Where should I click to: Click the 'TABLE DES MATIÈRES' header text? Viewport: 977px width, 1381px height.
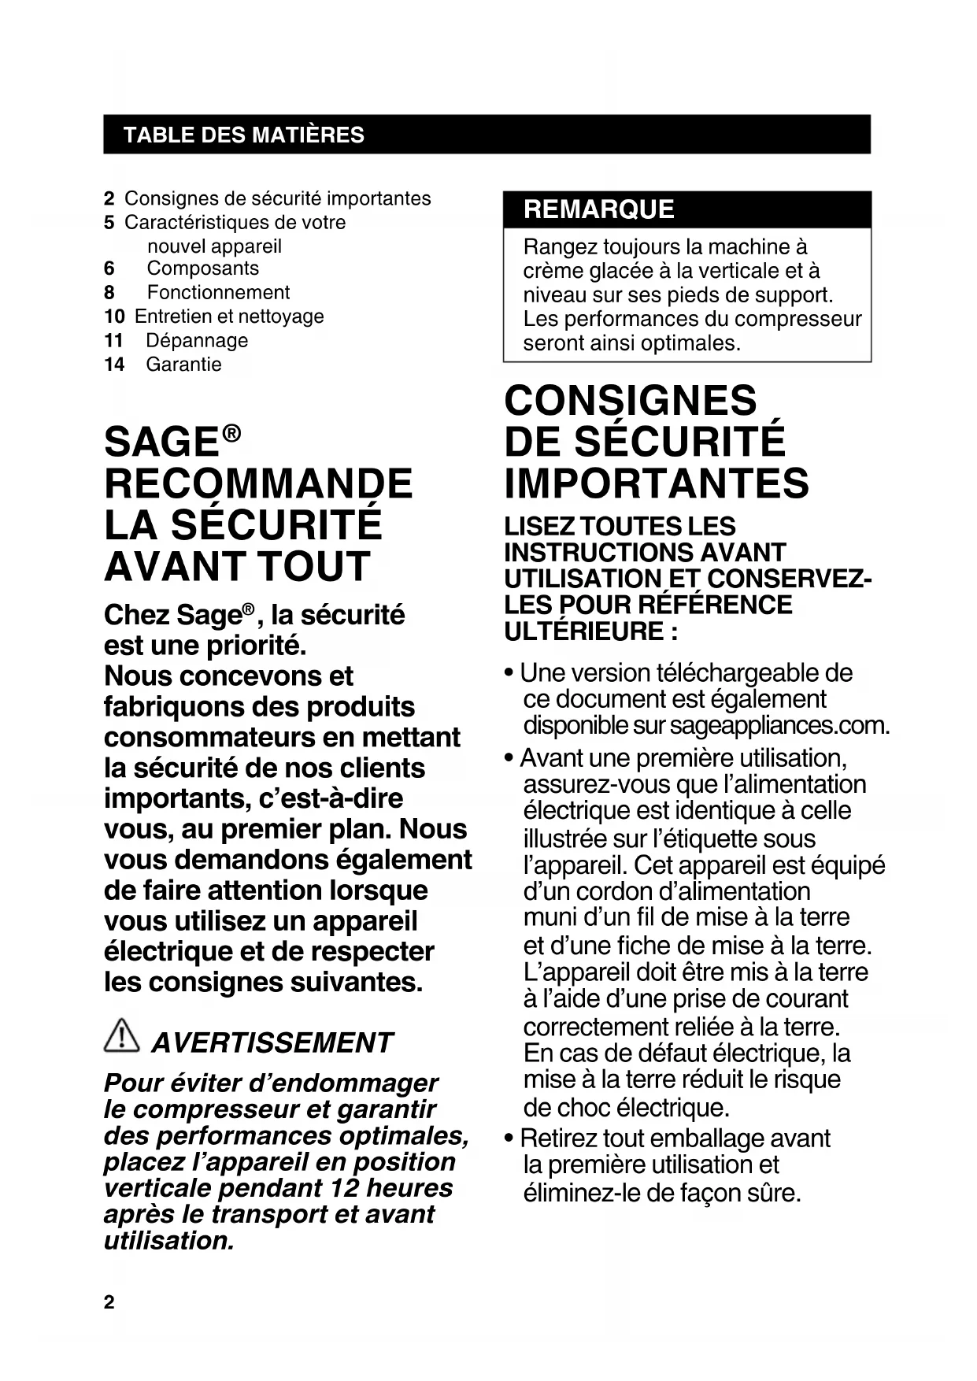[243, 135]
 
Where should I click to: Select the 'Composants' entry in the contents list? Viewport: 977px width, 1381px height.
[202, 268]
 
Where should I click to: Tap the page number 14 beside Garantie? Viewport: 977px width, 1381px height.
[114, 365]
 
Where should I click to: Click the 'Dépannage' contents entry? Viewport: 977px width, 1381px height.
[197, 341]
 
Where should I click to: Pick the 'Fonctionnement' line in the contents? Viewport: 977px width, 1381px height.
[218, 293]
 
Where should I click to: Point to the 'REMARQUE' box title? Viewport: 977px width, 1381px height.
[598, 209]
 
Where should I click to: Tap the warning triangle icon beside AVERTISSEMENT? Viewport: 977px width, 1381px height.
[120, 1035]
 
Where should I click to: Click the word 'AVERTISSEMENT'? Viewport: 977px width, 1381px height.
[272, 1042]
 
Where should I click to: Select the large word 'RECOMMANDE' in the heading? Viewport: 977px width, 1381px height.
[258, 483]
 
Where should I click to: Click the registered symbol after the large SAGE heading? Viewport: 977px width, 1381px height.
[231, 433]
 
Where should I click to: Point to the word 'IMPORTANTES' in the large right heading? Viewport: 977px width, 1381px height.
[656, 483]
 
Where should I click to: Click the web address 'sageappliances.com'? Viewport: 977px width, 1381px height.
[779, 725]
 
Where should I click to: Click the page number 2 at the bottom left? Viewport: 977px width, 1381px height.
[109, 1302]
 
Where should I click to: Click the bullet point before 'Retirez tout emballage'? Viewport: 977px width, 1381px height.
[510, 1139]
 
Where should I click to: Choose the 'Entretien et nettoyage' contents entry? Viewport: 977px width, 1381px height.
[229, 317]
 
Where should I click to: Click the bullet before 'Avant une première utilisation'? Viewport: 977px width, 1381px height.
[510, 759]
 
